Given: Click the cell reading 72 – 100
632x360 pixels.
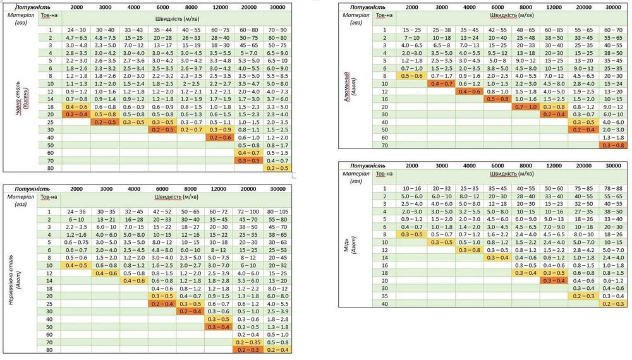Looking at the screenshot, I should (248, 211).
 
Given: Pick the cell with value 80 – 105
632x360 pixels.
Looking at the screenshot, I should (277, 211).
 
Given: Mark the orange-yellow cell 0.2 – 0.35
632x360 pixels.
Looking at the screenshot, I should (248, 342).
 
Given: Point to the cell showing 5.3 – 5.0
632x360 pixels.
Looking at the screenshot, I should (248, 61).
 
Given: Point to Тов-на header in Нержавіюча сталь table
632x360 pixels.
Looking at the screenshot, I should (48, 198).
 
